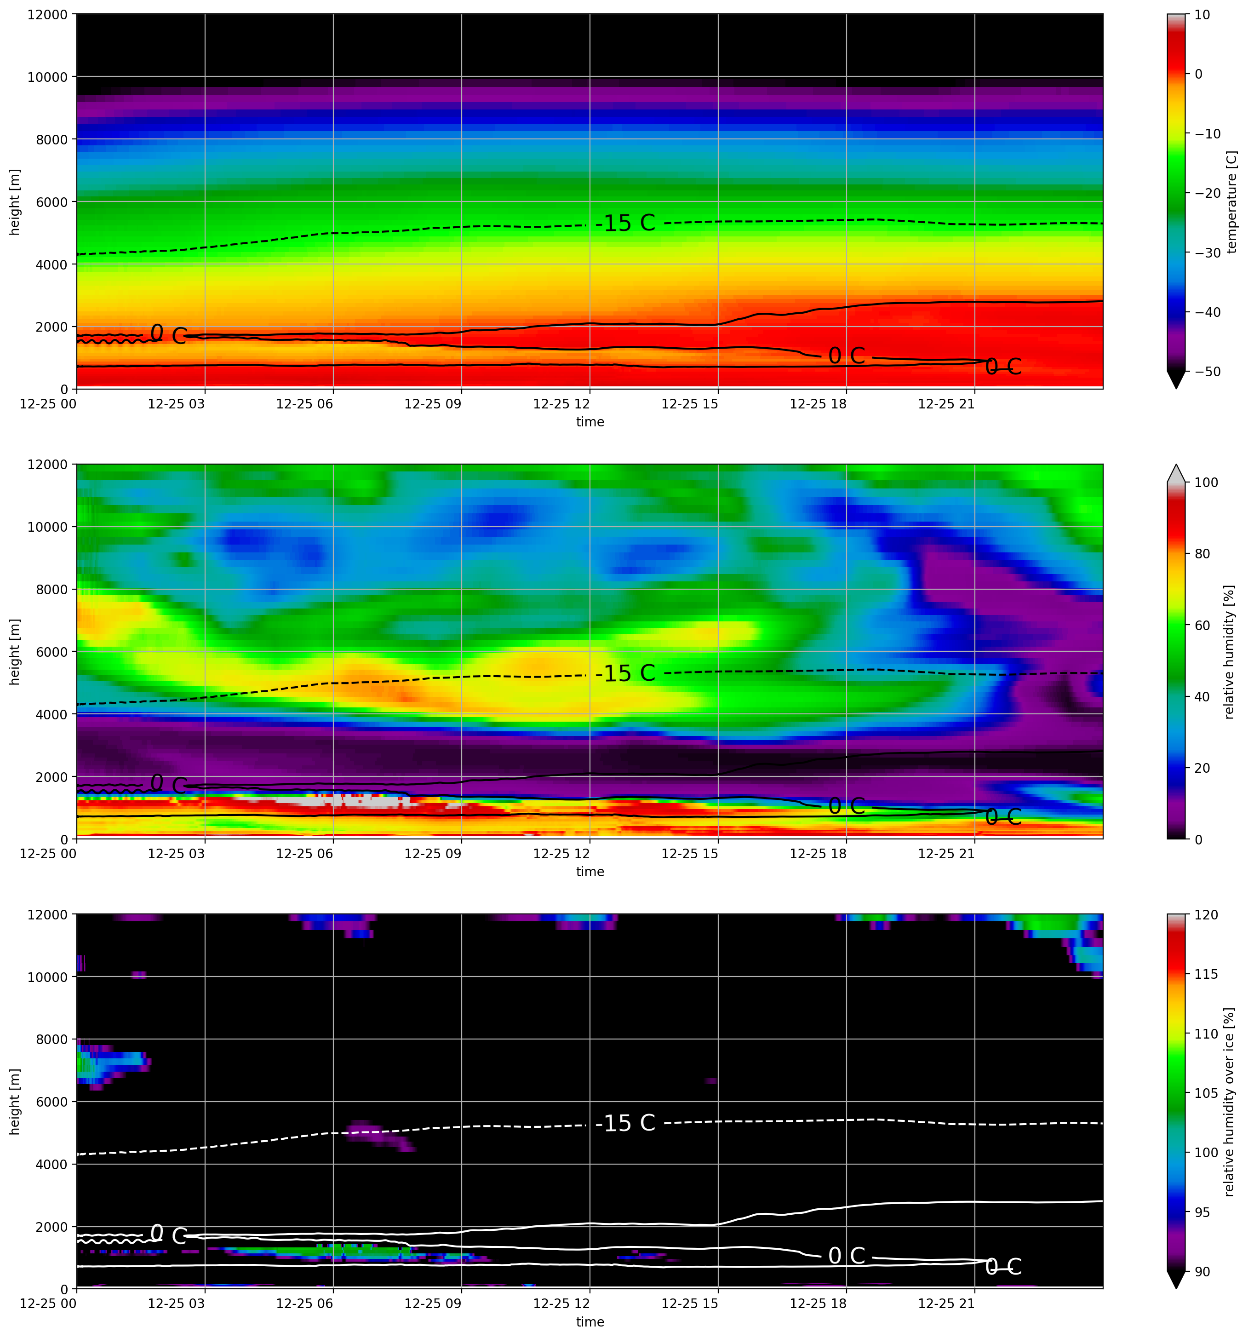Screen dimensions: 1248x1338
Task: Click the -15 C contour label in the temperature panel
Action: (625, 223)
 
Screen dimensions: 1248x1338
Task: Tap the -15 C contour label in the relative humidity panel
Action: (625, 673)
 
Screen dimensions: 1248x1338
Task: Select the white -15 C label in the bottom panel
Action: (625, 1123)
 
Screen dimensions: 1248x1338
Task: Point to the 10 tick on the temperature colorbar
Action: (1202, 14)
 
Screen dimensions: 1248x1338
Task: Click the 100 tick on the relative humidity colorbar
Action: (1206, 482)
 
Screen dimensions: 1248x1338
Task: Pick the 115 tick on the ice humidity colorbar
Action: (1206, 974)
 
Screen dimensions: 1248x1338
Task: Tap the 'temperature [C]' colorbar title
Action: (1232, 202)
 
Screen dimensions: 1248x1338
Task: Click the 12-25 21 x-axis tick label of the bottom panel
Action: (946, 1304)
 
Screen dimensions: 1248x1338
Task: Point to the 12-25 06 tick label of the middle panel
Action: (305, 854)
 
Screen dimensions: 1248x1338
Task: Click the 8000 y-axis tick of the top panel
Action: (52, 139)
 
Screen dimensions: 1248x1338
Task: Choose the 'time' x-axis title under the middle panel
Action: (590, 872)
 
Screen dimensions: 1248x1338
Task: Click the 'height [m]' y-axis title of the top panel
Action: (15, 202)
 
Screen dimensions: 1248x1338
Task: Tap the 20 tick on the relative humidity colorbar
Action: (1202, 768)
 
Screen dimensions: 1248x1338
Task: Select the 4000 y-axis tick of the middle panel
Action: (52, 714)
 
